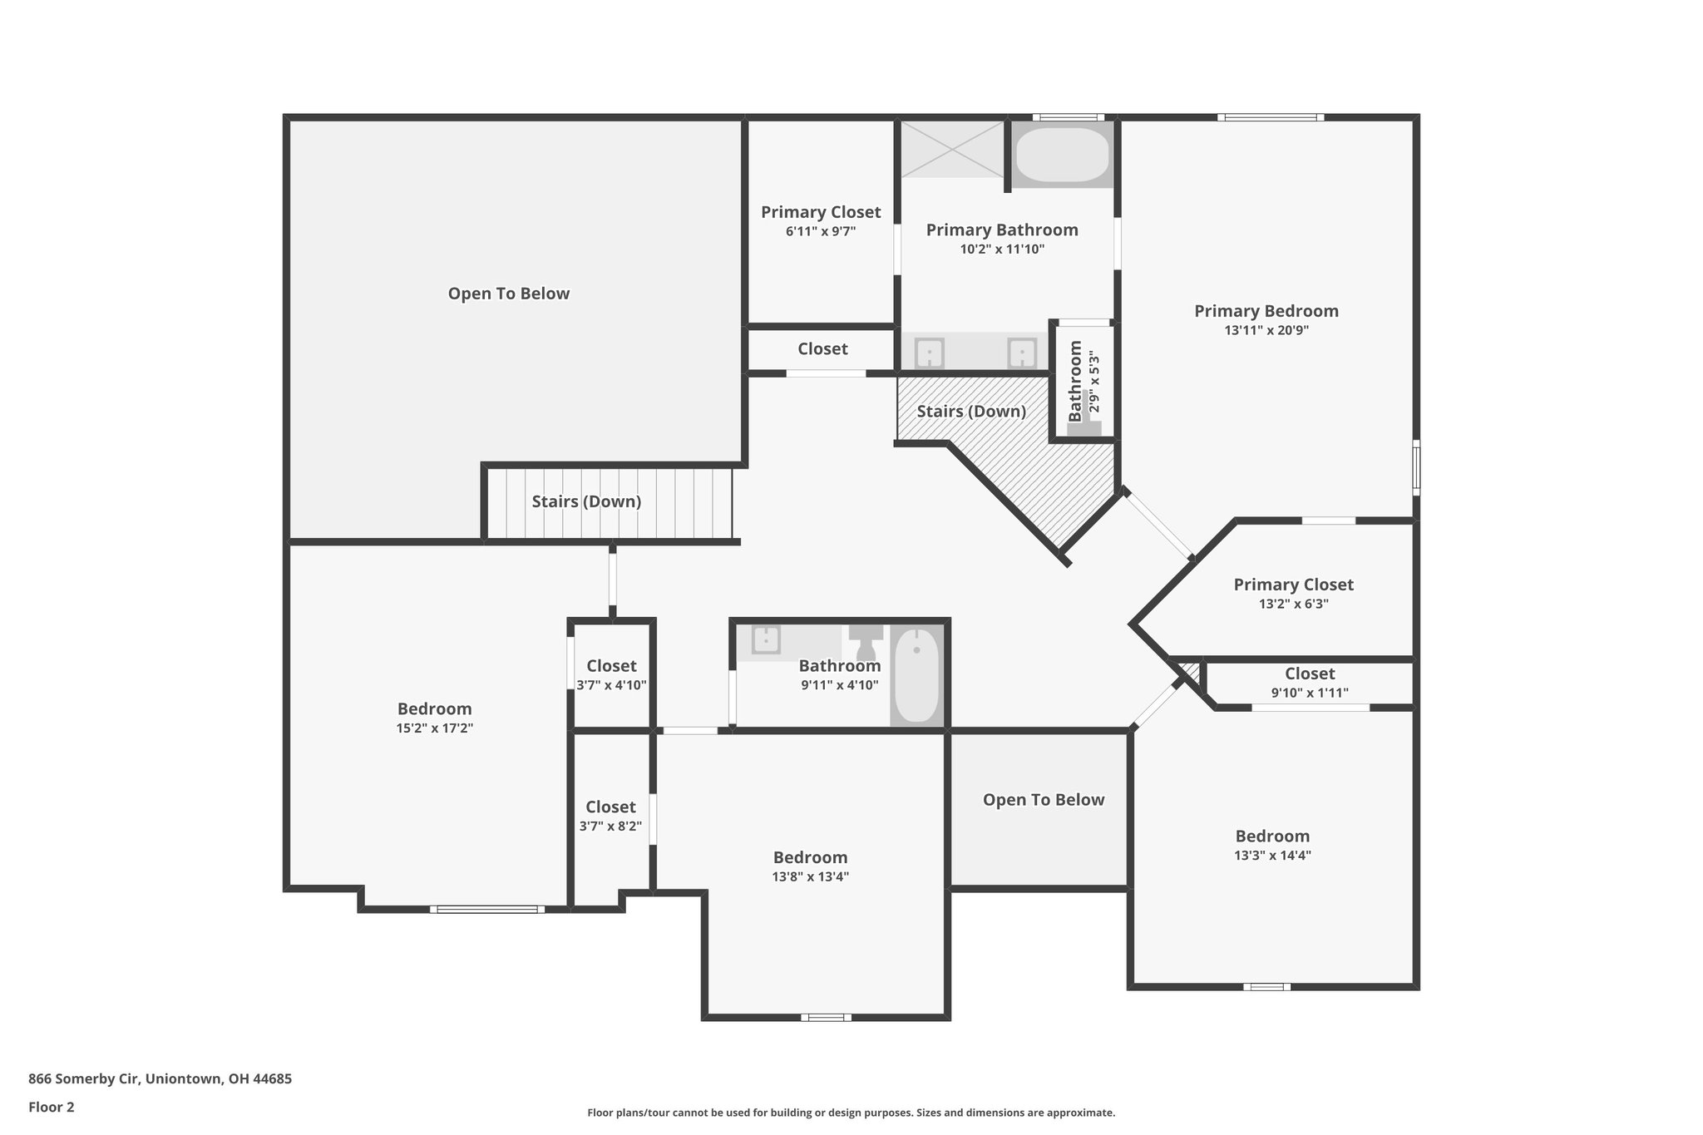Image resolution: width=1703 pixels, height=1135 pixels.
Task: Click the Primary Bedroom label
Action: [1266, 311]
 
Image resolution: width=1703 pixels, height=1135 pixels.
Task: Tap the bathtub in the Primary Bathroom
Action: [1062, 155]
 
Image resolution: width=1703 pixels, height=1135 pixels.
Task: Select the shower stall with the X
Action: [953, 149]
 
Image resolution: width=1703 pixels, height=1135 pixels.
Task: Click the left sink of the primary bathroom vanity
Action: [929, 353]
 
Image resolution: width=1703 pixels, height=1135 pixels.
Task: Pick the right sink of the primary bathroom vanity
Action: [1021, 353]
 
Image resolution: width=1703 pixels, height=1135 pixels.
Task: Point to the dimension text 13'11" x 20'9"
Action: [1266, 330]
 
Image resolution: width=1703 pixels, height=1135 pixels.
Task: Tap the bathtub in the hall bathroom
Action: [916, 675]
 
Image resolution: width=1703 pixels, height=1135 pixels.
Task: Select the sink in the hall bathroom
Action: [765, 639]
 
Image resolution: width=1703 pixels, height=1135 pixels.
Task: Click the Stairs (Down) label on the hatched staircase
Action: [970, 412]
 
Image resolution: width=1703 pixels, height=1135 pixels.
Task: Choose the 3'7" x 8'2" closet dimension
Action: [610, 827]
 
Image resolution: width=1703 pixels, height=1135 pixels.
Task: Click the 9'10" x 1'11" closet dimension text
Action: [1309, 693]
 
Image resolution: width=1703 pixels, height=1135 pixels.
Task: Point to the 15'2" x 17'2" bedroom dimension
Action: [434, 728]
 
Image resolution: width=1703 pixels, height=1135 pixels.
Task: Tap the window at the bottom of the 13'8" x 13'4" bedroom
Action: [826, 1017]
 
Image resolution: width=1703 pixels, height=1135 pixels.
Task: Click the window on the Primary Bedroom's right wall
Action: [1416, 467]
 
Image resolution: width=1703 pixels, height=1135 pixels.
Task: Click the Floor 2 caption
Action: [52, 1107]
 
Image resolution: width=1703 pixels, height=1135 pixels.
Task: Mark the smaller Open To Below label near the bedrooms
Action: [1043, 800]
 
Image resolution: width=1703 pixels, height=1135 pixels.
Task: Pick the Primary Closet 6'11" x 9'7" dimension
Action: [820, 232]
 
